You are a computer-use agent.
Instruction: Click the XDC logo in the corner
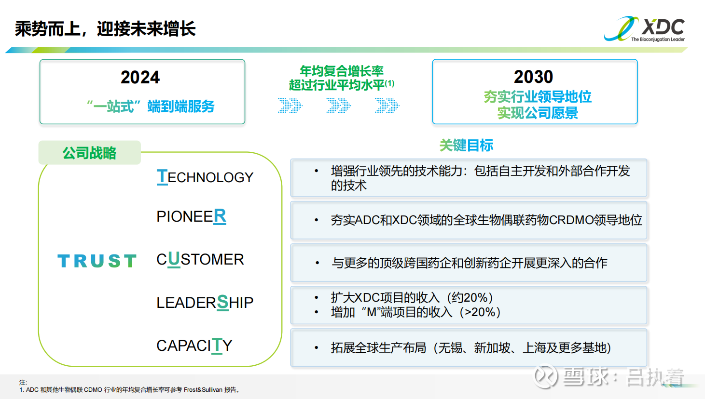pyautogui.click(x=644, y=29)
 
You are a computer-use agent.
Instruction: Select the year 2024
pyautogui.click(x=140, y=78)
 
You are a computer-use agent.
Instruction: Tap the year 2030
pyautogui.click(x=534, y=77)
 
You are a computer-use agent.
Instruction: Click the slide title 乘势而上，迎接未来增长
pyautogui.click(x=105, y=29)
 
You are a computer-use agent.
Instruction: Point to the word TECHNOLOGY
pyautogui.click(x=205, y=177)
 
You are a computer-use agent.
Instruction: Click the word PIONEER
pyautogui.click(x=192, y=216)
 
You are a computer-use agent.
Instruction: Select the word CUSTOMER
pyautogui.click(x=200, y=259)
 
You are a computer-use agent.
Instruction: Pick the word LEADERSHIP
pyautogui.click(x=205, y=303)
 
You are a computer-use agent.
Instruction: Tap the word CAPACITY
pyautogui.click(x=194, y=346)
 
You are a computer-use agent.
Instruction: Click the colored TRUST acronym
pyautogui.click(x=97, y=261)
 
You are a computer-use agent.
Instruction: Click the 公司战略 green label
pyautogui.click(x=89, y=153)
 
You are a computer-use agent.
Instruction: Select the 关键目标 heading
pyautogui.click(x=466, y=146)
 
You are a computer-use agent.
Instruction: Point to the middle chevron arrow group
pyautogui.click(x=338, y=106)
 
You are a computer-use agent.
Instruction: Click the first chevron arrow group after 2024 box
pyautogui.click(x=290, y=106)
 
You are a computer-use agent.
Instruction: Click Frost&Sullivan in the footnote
pyautogui.click(x=203, y=390)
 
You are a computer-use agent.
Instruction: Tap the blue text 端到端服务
pyautogui.click(x=181, y=106)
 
